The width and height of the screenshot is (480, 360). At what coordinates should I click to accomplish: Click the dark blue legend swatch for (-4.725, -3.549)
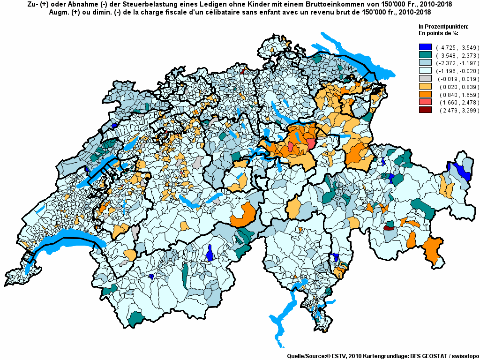click(x=425, y=47)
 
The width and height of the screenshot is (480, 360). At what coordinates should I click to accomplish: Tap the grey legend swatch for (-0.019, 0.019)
click(x=425, y=79)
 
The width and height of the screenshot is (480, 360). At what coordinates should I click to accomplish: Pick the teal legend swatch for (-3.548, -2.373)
click(x=425, y=55)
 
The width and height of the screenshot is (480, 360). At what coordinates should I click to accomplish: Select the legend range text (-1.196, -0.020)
click(x=457, y=71)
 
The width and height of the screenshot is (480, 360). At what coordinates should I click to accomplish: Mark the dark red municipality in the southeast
click(x=388, y=228)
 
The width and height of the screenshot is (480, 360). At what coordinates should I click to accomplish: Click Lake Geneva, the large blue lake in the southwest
click(x=70, y=241)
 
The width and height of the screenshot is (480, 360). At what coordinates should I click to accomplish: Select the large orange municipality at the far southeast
click(x=432, y=248)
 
